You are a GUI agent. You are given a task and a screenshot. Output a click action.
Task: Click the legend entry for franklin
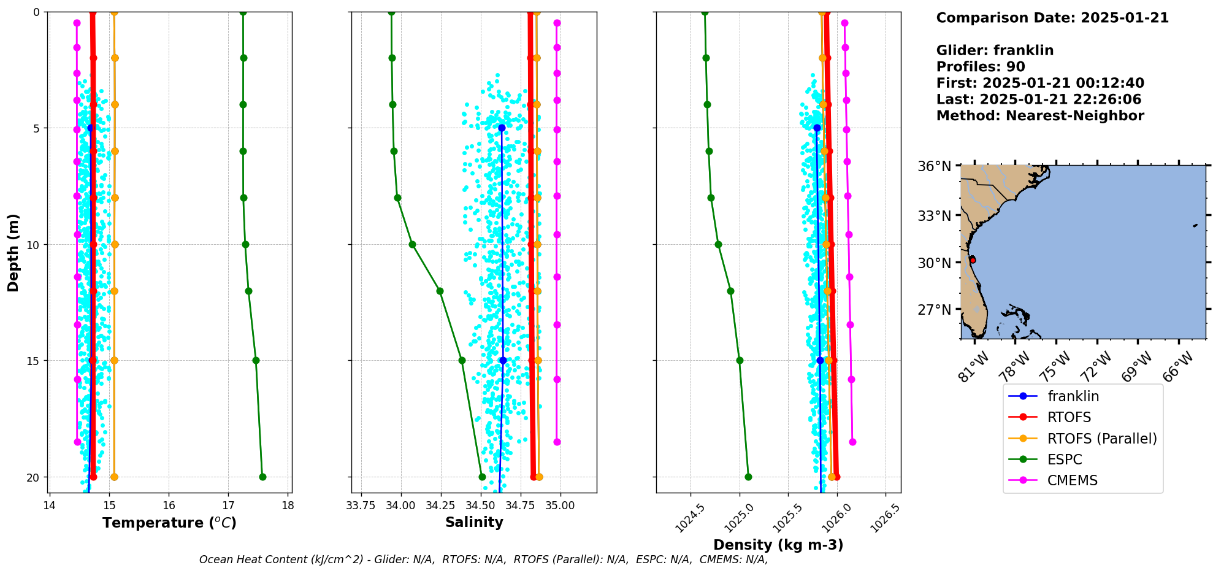pos(1073,396)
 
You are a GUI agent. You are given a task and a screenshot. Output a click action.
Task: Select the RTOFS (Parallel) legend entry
pos(1101,439)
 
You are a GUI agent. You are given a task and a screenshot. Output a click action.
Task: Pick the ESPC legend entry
pos(1064,460)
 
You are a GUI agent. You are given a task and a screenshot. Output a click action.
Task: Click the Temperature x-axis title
pos(169,523)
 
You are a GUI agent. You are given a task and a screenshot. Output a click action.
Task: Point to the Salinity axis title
pos(474,523)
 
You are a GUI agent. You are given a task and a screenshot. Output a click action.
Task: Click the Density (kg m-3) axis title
pos(778,545)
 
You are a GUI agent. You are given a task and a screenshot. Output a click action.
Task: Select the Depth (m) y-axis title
pos(13,253)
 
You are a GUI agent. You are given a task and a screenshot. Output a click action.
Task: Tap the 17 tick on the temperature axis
pos(228,506)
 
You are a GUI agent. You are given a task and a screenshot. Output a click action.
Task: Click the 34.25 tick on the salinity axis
pos(440,506)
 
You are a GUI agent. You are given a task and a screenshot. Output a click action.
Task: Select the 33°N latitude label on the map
pos(934,216)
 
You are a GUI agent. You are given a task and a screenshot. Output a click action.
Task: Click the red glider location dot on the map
pos(973,261)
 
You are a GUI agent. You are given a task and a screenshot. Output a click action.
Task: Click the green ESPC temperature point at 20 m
pos(262,477)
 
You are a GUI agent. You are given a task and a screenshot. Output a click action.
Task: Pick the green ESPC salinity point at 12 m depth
pos(440,291)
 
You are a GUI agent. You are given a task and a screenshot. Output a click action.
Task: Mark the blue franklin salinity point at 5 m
pos(502,128)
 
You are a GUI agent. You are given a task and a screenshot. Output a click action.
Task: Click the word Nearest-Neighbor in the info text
pos(1074,116)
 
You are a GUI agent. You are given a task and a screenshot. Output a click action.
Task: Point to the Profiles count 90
pos(1016,67)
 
